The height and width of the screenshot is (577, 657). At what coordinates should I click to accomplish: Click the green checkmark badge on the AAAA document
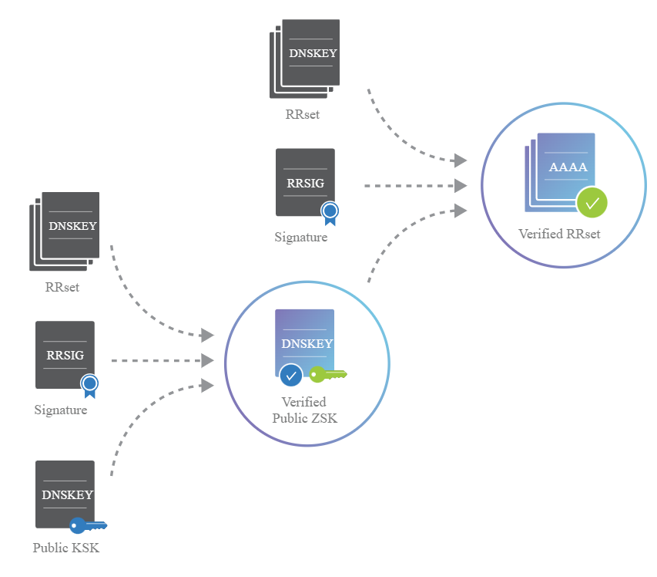[592, 204]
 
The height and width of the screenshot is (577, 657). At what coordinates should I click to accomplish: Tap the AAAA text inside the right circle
[567, 167]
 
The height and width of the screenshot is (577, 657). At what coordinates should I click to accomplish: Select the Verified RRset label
[558, 234]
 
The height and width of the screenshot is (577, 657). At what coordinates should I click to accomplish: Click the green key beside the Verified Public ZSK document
[328, 375]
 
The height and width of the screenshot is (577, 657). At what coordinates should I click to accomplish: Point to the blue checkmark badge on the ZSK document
[290, 376]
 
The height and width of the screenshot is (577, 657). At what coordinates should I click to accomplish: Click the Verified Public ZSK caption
[304, 410]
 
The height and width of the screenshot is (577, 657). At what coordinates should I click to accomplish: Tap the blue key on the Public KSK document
[87, 526]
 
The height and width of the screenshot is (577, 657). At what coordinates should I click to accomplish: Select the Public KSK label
[66, 548]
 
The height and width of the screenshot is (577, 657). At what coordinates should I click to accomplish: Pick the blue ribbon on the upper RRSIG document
[330, 211]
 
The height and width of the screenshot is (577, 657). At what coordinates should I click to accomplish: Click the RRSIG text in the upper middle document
[306, 183]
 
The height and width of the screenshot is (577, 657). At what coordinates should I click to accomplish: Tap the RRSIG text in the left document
[65, 356]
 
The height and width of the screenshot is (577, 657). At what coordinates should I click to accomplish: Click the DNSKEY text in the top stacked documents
[313, 54]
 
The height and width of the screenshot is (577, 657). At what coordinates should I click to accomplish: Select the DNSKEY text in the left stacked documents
[72, 227]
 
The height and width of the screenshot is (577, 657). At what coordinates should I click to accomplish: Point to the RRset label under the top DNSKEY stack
[302, 115]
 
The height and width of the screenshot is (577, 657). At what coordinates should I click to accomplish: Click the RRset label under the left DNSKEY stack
[62, 288]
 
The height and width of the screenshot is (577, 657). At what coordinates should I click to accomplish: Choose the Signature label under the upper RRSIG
[301, 238]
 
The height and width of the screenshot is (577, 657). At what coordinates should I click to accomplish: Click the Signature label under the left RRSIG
[61, 410]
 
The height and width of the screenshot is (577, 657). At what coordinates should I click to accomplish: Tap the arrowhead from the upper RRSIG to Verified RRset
[461, 186]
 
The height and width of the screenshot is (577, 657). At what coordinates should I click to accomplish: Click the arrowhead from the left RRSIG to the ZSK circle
[207, 360]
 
